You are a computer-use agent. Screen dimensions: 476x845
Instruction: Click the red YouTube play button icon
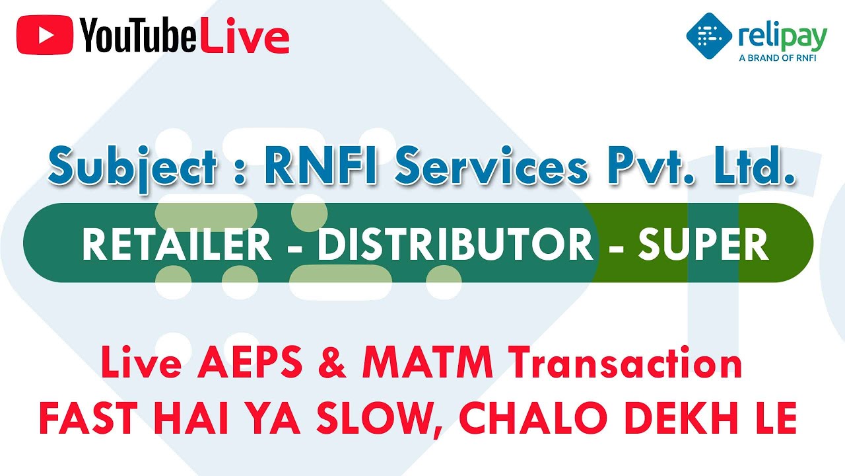pyautogui.click(x=45, y=34)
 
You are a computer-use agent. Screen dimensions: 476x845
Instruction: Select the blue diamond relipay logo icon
pyautogui.click(x=709, y=35)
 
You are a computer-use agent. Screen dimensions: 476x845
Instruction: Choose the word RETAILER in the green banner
pyautogui.click(x=176, y=245)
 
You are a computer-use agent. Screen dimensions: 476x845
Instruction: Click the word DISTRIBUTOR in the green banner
pyautogui.click(x=456, y=245)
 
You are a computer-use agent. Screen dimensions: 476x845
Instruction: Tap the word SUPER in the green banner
pyautogui.click(x=704, y=245)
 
